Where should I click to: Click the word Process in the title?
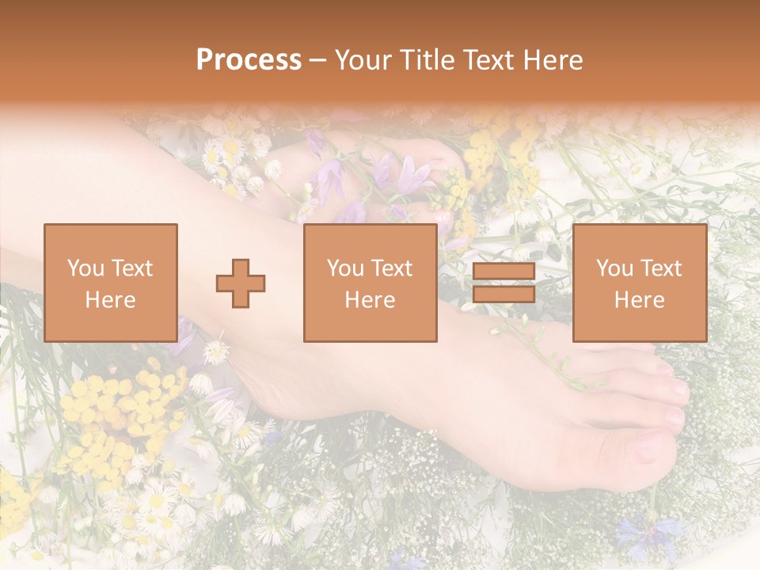click(x=249, y=60)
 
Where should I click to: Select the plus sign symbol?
click(x=241, y=283)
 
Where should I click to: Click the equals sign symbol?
click(x=503, y=283)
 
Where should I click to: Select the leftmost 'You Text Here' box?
click(x=110, y=283)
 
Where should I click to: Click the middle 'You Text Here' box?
click(x=370, y=283)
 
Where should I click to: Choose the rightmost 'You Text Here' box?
click(x=639, y=283)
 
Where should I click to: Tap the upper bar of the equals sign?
click(x=503, y=272)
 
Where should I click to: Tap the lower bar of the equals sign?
click(x=503, y=294)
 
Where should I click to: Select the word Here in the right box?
click(x=639, y=300)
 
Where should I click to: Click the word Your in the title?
click(x=361, y=60)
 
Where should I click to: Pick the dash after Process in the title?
click(x=317, y=61)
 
